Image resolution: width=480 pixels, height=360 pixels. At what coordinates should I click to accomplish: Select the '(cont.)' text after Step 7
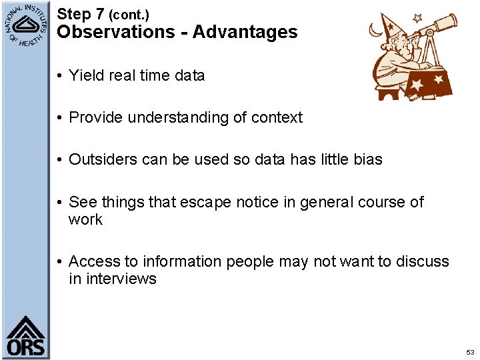click(129, 14)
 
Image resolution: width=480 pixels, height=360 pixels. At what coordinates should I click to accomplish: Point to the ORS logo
click(25, 337)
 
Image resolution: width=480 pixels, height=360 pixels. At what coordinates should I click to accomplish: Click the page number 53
click(470, 352)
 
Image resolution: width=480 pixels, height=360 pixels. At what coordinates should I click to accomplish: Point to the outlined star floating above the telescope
click(418, 18)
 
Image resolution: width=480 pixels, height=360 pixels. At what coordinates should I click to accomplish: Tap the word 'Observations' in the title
click(116, 31)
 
